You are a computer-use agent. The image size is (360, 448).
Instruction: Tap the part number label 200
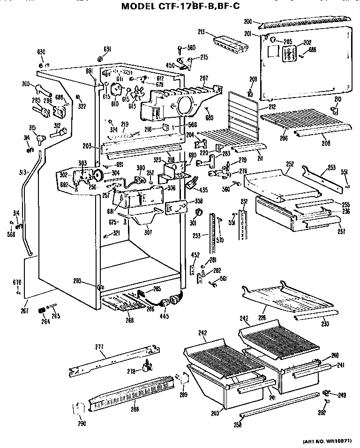tap(248, 21)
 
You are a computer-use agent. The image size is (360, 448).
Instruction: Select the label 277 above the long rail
tap(99, 347)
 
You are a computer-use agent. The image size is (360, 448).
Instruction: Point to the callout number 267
tap(25, 311)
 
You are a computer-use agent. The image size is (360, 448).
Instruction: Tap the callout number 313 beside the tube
tap(22, 172)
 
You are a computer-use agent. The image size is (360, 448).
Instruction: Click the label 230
tap(325, 324)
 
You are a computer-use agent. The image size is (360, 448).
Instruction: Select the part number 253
tap(331, 167)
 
